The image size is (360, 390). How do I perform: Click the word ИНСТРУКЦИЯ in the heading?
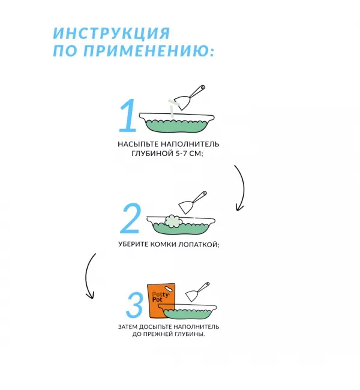click(111, 34)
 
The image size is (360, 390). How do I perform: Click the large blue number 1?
click(127, 115)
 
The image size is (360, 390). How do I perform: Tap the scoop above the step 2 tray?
click(194, 202)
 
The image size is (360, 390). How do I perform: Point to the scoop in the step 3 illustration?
click(197, 291)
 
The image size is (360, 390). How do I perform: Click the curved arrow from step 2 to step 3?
click(90, 276)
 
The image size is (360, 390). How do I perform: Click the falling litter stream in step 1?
click(173, 108)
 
